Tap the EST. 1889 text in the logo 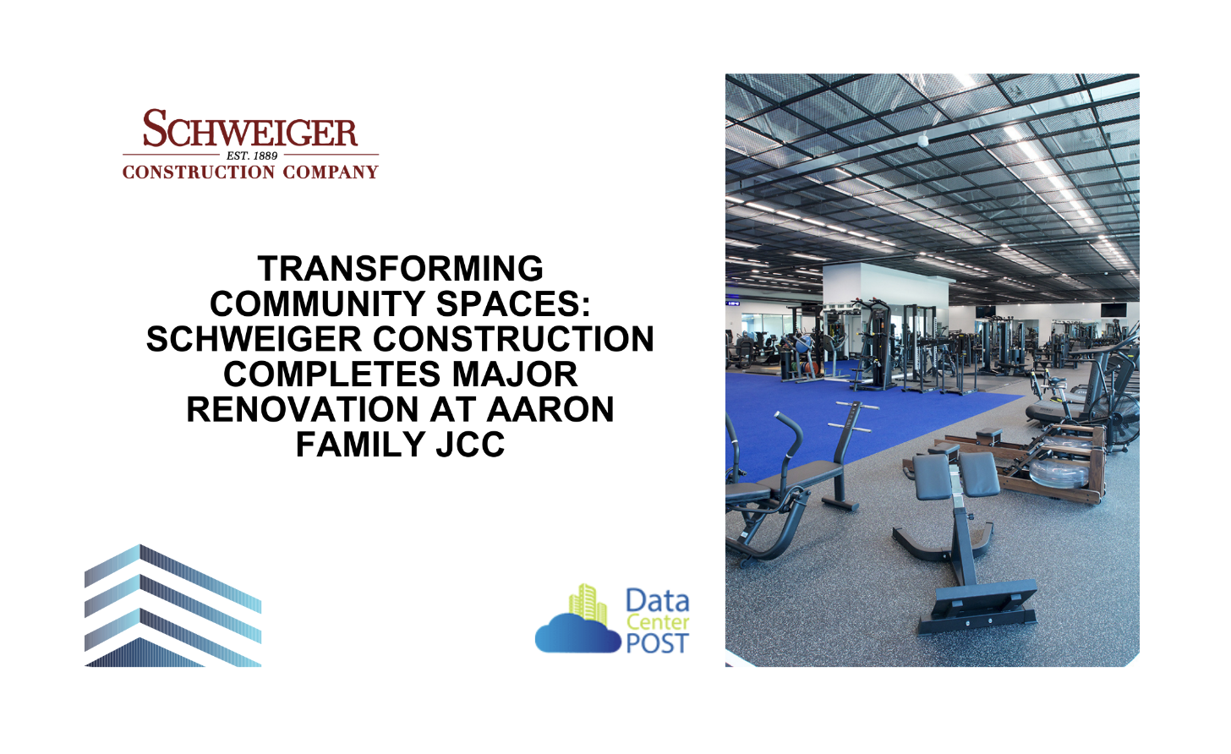click(x=252, y=156)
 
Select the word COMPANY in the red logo click(x=331, y=172)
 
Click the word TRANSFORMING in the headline click(x=401, y=268)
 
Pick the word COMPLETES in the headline click(x=332, y=374)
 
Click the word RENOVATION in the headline click(x=303, y=409)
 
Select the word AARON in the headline click(x=550, y=409)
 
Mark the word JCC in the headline click(x=470, y=444)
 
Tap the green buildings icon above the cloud click(x=588, y=604)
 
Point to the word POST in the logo click(x=657, y=643)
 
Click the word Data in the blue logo click(x=657, y=601)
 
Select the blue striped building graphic click(x=172, y=605)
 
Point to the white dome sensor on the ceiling click(x=923, y=140)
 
